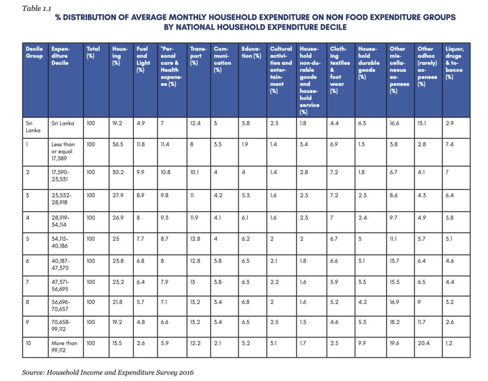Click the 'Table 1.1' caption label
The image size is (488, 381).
coord(36,9)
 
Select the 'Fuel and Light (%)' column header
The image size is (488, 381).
coord(143,59)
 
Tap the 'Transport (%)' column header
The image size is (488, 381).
coord(198,56)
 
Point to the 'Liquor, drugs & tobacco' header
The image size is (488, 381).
coord(455,63)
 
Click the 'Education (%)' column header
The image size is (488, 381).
coord(251,52)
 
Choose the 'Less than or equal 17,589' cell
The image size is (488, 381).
coord(63,151)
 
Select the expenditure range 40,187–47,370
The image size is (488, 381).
coord(61,264)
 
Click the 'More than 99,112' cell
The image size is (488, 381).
coord(64,347)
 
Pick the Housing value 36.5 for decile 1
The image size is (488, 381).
coord(118,144)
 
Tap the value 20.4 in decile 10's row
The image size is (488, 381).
coord(424,343)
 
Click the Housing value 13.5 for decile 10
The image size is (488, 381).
coord(117,343)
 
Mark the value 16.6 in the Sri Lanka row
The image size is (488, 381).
coord(394,123)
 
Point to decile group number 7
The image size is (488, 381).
coord(27,282)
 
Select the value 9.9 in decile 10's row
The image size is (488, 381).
coord(362,343)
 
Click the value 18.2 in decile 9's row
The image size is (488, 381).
coord(395,322)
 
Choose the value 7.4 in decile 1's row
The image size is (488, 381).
coord(449,144)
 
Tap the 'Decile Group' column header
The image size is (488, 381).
coord(34,52)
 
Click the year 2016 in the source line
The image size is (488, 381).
coord(186,372)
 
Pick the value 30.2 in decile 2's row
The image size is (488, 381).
coord(118,172)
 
